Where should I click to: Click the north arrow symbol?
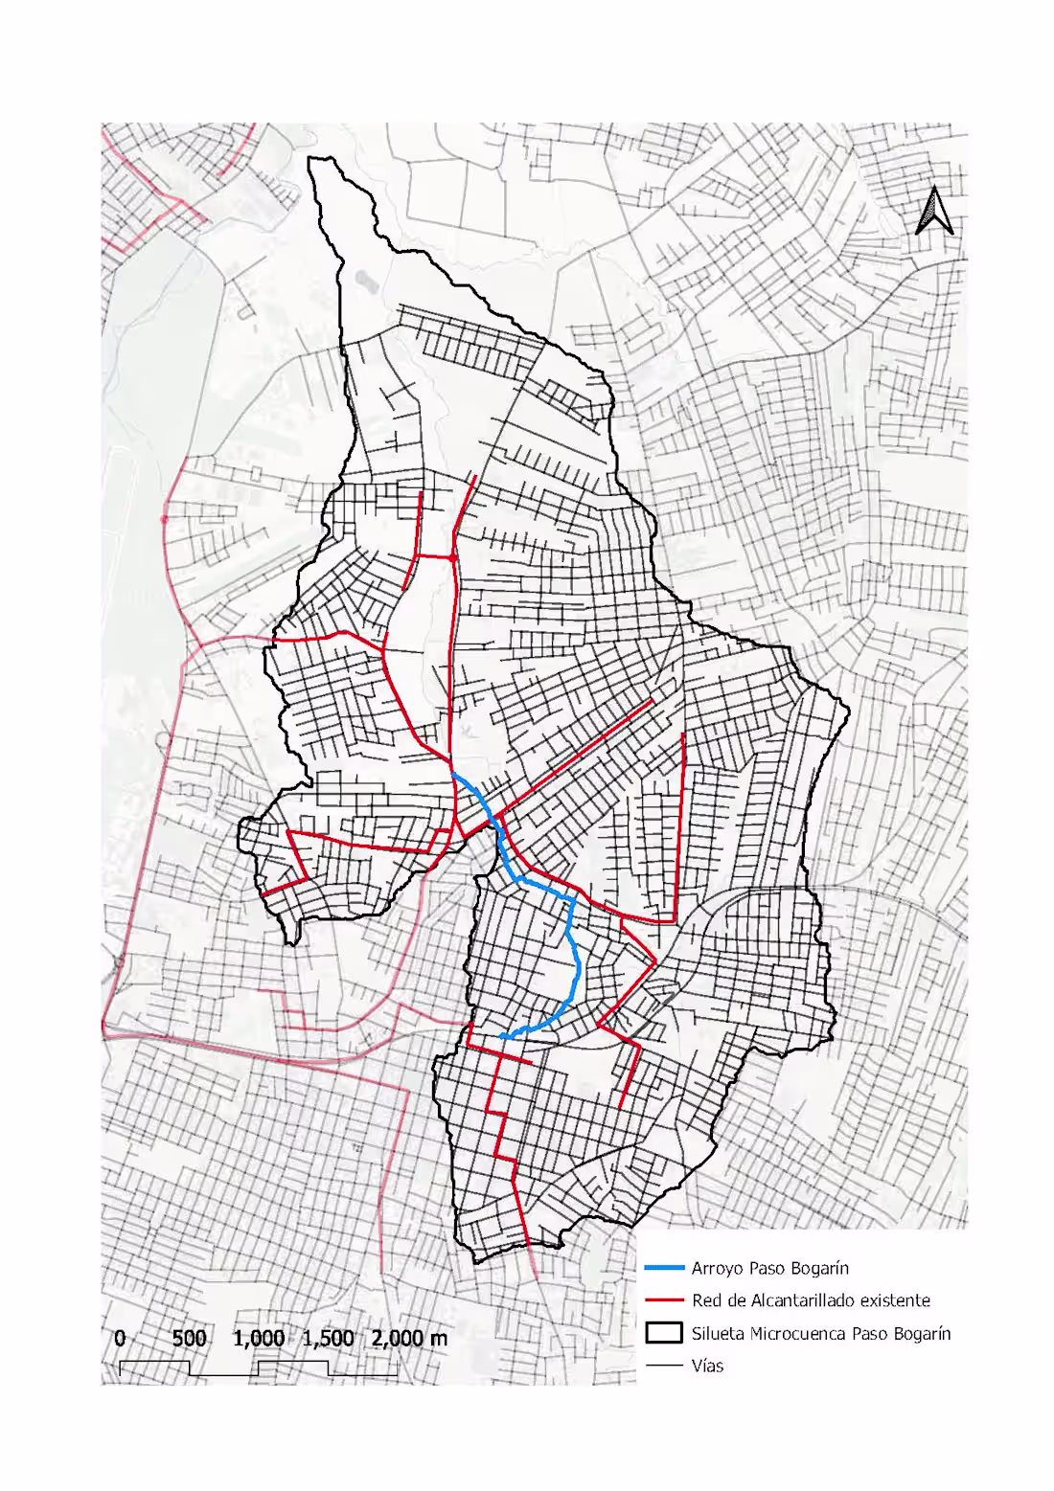[934, 211]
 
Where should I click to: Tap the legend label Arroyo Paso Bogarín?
[769, 1268]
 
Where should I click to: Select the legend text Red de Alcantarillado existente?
[811, 1300]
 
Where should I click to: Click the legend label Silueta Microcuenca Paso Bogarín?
[821, 1333]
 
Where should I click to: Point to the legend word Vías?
[707, 1366]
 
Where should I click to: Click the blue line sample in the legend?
[664, 1268]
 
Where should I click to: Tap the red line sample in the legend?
[664, 1300]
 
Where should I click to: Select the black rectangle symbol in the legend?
[664, 1333]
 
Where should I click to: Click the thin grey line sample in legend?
[664, 1366]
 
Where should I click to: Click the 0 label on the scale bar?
[120, 1338]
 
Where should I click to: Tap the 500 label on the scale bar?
[189, 1338]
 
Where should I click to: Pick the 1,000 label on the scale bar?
[258, 1338]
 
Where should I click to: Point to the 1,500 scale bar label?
[328, 1338]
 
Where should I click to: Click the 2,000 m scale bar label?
[409, 1338]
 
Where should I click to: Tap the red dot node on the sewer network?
[452, 557]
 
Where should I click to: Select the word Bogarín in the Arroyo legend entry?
[817, 1268]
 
